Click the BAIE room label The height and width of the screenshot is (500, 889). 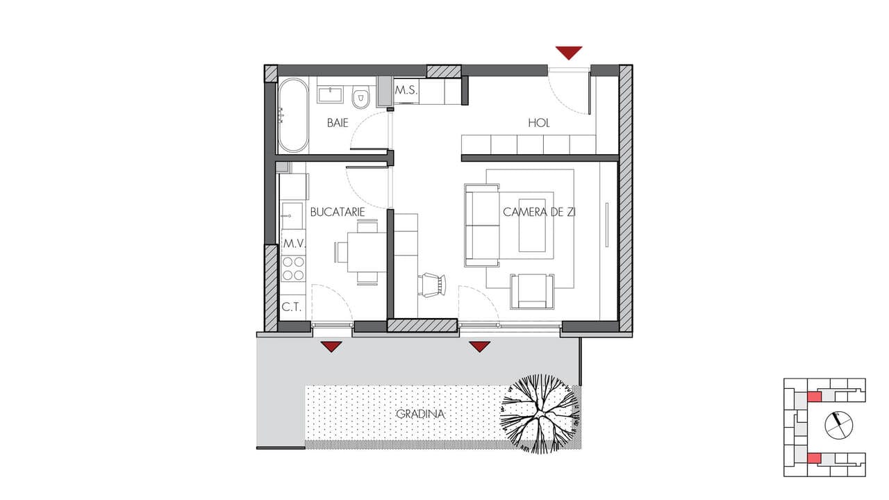click(x=338, y=123)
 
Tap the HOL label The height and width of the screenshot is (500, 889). click(x=538, y=123)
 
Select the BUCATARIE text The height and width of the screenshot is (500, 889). click(x=338, y=212)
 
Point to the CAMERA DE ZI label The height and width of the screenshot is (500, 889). click(x=539, y=212)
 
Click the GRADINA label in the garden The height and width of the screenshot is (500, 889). click(x=420, y=415)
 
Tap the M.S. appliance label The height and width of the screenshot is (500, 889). click(x=406, y=90)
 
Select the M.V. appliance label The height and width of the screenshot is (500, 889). click(x=294, y=244)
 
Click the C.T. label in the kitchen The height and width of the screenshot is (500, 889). click(x=292, y=307)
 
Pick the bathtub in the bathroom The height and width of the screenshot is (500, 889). click(x=293, y=115)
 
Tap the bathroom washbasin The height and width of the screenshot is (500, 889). click(x=330, y=95)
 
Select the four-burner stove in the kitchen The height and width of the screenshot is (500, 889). click(x=293, y=268)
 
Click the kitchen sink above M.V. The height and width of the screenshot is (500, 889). click(x=292, y=215)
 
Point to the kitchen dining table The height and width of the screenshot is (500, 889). click(x=367, y=252)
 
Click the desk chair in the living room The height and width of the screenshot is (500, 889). click(x=432, y=285)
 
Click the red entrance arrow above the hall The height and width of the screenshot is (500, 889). click(x=569, y=53)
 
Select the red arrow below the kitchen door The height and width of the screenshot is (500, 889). click(x=331, y=347)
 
